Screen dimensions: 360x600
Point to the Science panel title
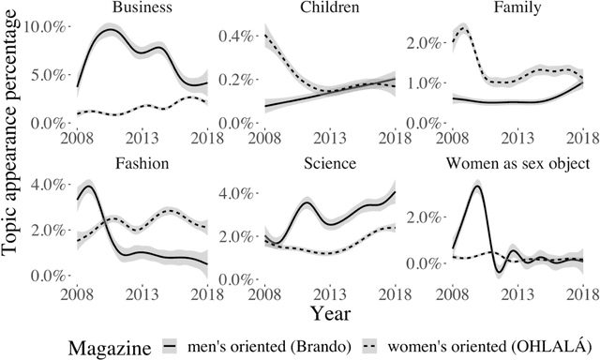tap(323, 162)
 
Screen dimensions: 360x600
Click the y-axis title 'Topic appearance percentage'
tap(14, 152)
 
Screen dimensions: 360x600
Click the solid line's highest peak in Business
tap(110, 30)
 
